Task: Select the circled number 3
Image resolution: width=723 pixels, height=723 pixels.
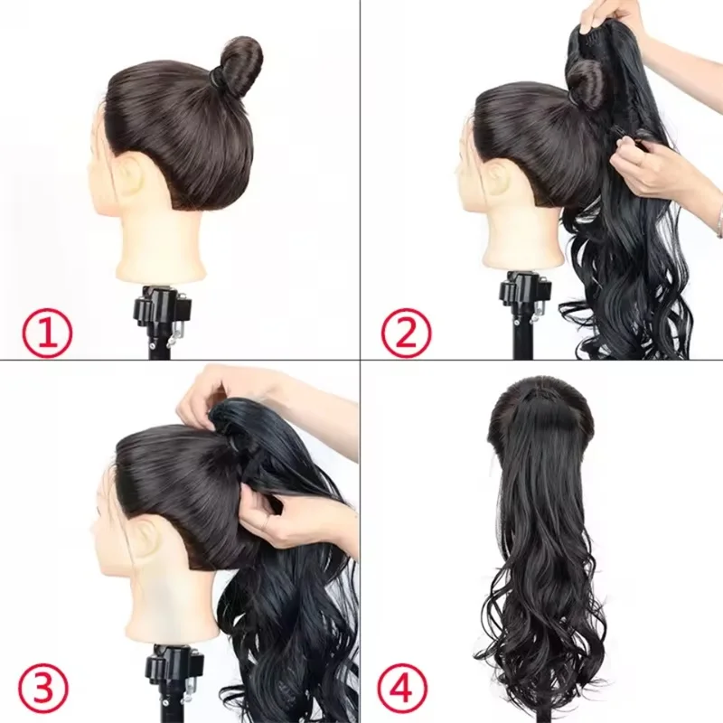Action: [44, 687]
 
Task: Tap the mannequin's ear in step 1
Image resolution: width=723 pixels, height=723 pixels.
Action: [130, 175]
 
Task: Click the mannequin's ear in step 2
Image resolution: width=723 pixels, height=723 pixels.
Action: [499, 175]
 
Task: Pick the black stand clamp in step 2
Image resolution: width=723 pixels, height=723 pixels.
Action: [526, 296]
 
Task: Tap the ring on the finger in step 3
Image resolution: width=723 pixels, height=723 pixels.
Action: [265, 523]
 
